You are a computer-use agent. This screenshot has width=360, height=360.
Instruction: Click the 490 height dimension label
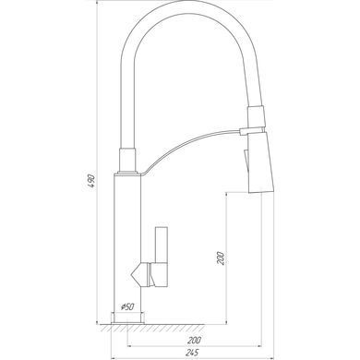point(90,181)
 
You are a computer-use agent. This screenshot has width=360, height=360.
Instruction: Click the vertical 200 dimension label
point(221,258)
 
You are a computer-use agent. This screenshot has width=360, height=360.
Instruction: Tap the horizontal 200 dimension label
point(194,341)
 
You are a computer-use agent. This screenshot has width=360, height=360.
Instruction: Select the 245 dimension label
point(193,353)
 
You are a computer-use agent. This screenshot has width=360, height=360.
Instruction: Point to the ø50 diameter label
point(127,306)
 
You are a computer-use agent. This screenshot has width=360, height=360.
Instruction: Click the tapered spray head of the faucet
point(260,162)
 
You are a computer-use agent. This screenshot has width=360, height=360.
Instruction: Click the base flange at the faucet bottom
point(127,318)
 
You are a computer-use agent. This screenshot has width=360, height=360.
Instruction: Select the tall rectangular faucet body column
point(127,243)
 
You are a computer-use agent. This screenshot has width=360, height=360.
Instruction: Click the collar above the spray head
point(256,116)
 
